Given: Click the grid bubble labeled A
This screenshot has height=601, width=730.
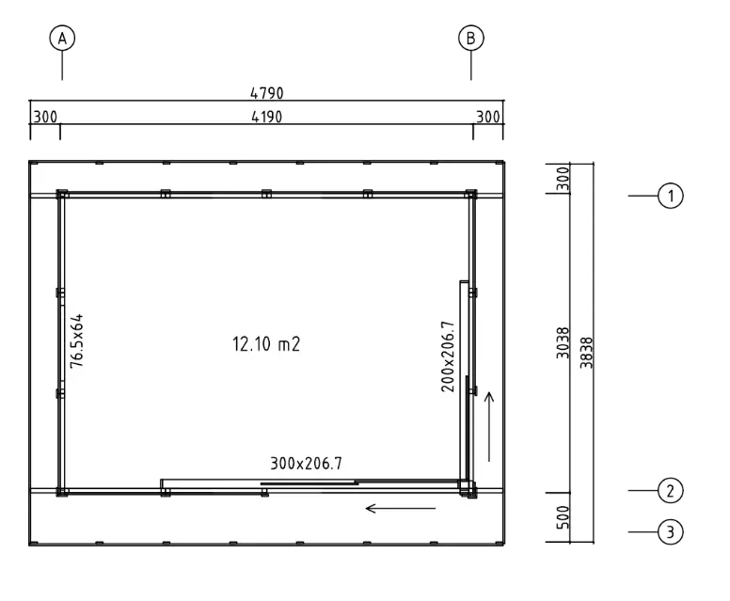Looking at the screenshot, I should pos(62,39).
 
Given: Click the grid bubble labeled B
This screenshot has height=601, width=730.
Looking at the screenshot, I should pos(469,39).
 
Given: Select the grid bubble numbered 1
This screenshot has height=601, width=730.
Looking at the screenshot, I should pos(670,196).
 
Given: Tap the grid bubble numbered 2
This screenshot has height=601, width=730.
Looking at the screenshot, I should pos(670,490).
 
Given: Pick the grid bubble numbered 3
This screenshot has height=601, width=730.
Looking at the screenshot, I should pos(670,532).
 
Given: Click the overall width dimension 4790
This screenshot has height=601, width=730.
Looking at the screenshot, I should pos(267,92).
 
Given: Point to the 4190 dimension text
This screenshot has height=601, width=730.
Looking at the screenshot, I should pos(267,117).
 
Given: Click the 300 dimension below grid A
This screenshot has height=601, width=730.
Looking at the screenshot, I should pos(45,117).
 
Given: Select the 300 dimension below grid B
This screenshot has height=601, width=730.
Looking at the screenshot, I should pos(489,117).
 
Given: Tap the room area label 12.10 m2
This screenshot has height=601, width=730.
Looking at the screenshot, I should pos(266,344).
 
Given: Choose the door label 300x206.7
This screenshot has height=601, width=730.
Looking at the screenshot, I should pos(306,463).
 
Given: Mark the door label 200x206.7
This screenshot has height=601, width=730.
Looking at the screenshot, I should pos(449,356).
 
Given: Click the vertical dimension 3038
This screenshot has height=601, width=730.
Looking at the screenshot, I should pos(563,344).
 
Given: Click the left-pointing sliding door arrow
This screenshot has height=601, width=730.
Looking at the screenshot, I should pos(401,509).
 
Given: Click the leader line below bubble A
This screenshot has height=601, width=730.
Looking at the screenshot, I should pos(63,66).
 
